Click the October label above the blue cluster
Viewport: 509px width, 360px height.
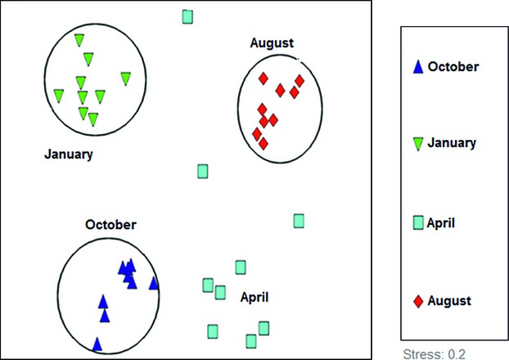110,225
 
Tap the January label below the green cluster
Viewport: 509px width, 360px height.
69,154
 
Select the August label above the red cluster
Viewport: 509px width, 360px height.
272,43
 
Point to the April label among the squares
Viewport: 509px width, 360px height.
254,298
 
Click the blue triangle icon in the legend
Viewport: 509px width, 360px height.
418,67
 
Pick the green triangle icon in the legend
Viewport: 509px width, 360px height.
418,144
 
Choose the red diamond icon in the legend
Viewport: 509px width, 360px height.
418,301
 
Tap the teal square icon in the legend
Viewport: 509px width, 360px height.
418,223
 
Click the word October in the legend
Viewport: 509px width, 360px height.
453,66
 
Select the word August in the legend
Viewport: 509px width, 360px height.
449,301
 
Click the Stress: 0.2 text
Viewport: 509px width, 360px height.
434,353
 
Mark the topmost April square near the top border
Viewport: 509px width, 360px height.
187,17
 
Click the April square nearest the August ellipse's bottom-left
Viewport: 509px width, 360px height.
203,171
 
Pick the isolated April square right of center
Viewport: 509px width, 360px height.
299,221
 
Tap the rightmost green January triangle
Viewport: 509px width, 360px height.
126,79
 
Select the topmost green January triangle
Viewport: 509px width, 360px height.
79,40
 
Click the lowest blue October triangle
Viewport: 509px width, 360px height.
97,344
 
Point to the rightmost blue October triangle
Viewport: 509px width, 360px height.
154,283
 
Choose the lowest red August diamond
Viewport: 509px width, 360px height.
264,144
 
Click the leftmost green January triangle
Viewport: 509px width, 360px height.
58,96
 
